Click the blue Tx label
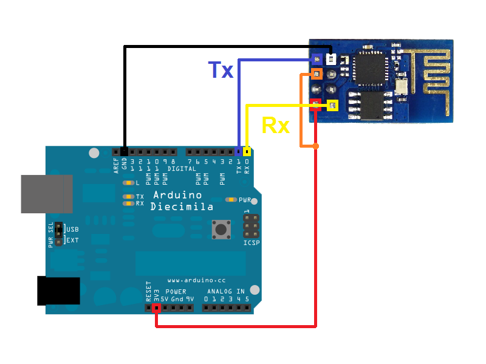221,70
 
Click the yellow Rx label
275,126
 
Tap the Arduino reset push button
219,229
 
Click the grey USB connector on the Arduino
47,194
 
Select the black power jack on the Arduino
58,290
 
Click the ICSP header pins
251,226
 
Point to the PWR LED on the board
231,199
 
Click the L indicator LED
128,182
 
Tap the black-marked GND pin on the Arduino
125,151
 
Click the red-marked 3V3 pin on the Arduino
156,308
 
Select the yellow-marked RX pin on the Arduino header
247,151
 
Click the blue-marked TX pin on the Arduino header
239,151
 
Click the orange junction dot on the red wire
315,146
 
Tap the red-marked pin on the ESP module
315,103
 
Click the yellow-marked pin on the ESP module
332,105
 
